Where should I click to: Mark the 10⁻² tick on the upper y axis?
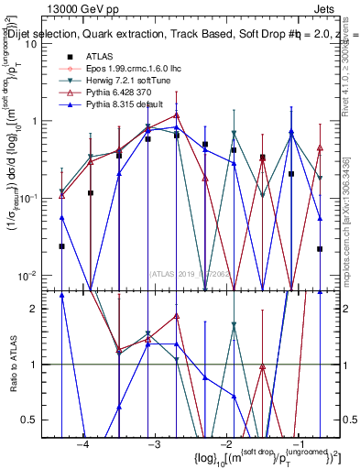pos(34,275)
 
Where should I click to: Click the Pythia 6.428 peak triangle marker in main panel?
pos(177,115)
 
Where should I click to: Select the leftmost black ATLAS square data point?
pos(61,246)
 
